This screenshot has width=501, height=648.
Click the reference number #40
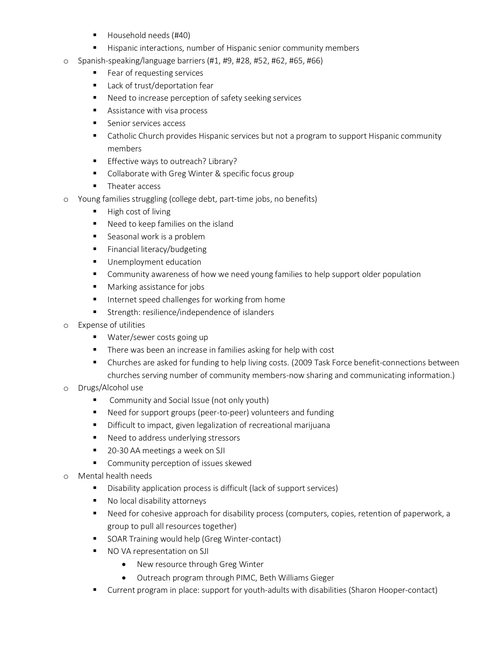pos(181,36)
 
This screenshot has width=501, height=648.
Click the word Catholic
pos(122,136)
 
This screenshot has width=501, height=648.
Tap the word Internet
pos(122,300)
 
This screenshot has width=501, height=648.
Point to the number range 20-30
pos(117,451)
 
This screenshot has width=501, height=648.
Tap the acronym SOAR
pos(117,539)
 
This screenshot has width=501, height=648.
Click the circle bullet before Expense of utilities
pos(65,326)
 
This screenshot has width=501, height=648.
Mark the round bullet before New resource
pos(124,565)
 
